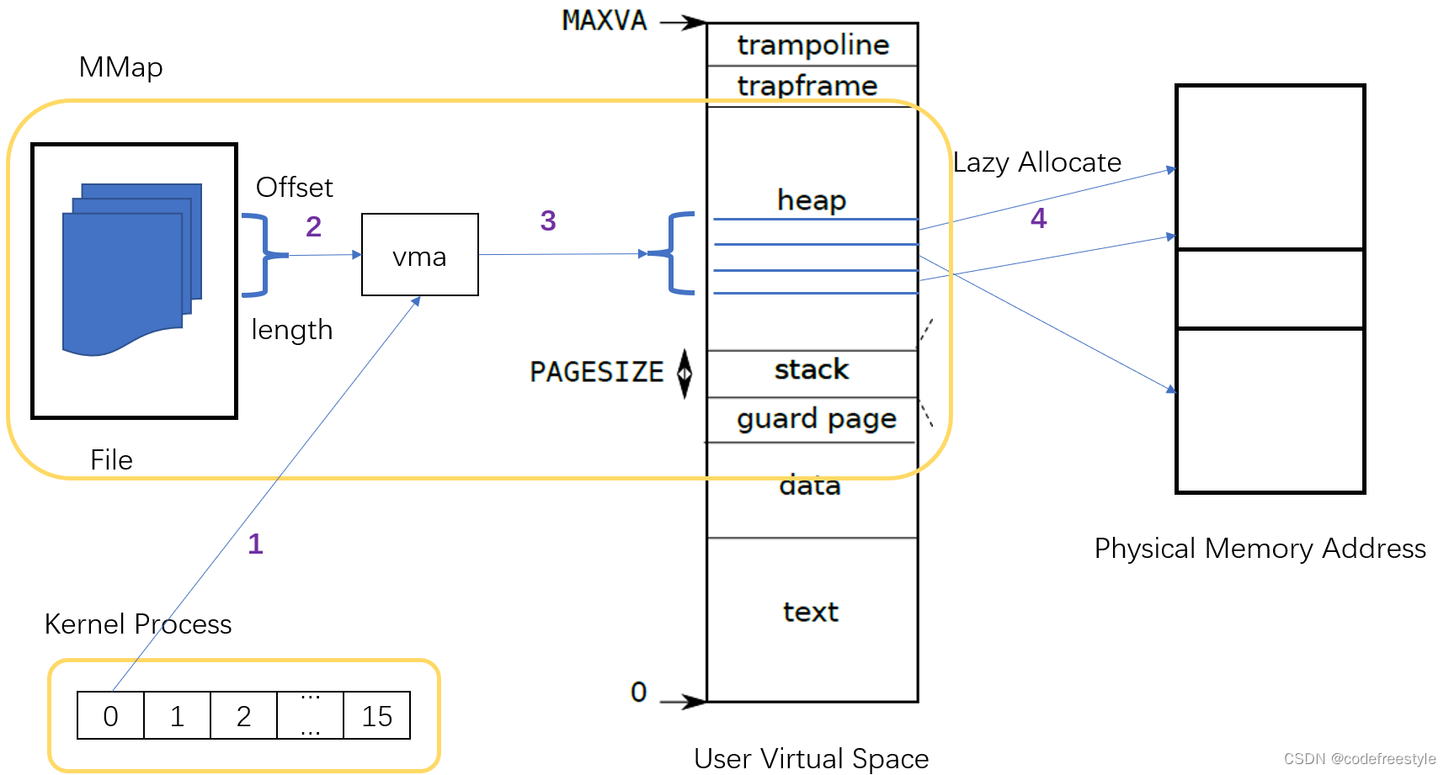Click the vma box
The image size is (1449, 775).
click(x=419, y=255)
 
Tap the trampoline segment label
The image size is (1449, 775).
click(x=812, y=45)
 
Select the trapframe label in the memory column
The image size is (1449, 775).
click(x=807, y=85)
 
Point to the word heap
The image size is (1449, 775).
click(x=811, y=200)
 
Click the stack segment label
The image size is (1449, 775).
click(x=811, y=369)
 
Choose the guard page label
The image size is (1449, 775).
click(x=816, y=418)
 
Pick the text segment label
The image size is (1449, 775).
click(x=810, y=612)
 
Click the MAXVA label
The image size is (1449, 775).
click(x=605, y=20)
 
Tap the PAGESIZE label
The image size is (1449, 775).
click(x=596, y=372)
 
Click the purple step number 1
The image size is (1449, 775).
click(x=255, y=544)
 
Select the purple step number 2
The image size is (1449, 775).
click(x=313, y=226)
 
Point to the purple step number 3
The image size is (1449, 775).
click(x=547, y=220)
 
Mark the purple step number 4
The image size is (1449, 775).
click(x=1038, y=219)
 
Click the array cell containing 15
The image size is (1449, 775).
click(x=376, y=716)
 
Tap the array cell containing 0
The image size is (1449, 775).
click(x=110, y=716)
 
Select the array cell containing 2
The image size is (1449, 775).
click(x=243, y=716)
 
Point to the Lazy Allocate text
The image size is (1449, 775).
click(x=1036, y=162)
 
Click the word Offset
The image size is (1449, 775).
click(x=294, y=187)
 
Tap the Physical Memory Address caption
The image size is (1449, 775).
click(x=1259, y=549)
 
